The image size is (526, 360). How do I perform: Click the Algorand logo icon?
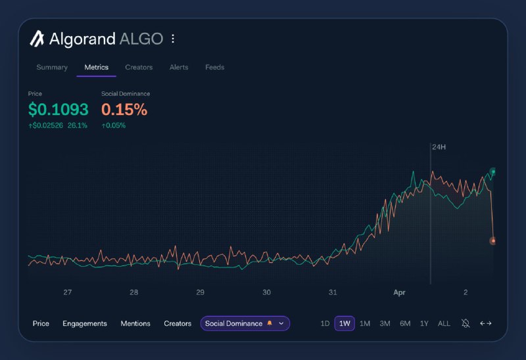[x=37, y=39]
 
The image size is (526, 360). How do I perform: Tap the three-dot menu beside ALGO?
[x=173, y=39]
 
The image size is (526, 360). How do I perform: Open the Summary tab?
[x=52, y=67]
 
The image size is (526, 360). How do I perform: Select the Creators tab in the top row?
[x=139, y=67]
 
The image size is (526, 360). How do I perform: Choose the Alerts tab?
[x=179, y=67]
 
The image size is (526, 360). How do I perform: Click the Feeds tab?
[x=214, y=67]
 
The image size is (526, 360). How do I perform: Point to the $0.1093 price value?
[x=58, y=110]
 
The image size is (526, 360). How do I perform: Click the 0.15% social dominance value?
[x=124, y=110]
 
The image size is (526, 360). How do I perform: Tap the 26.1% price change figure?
[x=78, y=125]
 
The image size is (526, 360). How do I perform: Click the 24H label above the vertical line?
[x=439, y=146]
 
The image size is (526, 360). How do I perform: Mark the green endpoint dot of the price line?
[x=493, y=172]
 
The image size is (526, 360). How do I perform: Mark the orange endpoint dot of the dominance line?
[x=493, y=241]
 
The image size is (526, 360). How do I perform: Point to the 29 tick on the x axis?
[x=201, y=292]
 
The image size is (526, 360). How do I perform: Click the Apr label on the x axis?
[x=399, y=292]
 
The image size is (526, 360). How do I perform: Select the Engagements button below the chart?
[x=85, y=323]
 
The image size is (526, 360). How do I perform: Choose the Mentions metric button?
[x=135, y=323]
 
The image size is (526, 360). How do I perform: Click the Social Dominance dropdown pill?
[x=245, y=323]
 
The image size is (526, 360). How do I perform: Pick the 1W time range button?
[x=345, y=323]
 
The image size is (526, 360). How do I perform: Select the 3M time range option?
[x=385, y=323]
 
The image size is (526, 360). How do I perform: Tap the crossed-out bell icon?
[x=466, y=323]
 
